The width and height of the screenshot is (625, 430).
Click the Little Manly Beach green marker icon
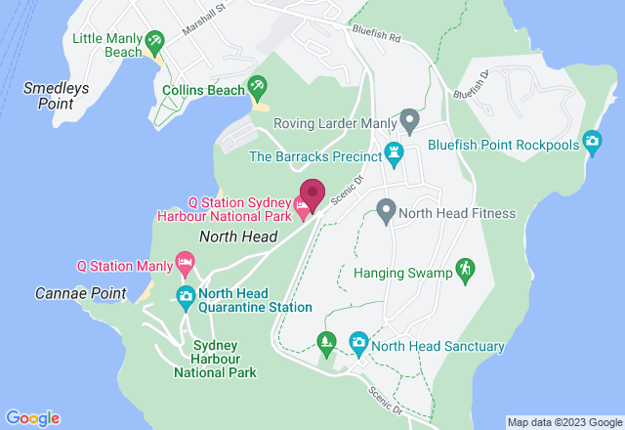(154, 42)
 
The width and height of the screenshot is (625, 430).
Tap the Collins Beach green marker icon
(258, 89)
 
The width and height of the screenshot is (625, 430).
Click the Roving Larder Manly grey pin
(410, 122)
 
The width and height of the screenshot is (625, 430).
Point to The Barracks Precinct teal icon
(394, 153)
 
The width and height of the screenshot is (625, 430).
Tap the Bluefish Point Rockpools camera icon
(592, 143)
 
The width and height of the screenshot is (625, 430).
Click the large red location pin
(312, 192)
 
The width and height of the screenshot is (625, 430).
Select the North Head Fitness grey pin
(387, 210)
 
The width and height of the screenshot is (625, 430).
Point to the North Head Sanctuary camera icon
(358, 343)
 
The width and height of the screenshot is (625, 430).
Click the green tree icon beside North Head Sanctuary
(327, 342)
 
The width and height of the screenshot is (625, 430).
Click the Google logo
(31, 418)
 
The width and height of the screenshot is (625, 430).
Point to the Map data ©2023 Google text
(562, 422)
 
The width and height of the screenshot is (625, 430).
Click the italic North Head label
(238, 236)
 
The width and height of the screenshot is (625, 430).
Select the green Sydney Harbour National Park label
(215, 359)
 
